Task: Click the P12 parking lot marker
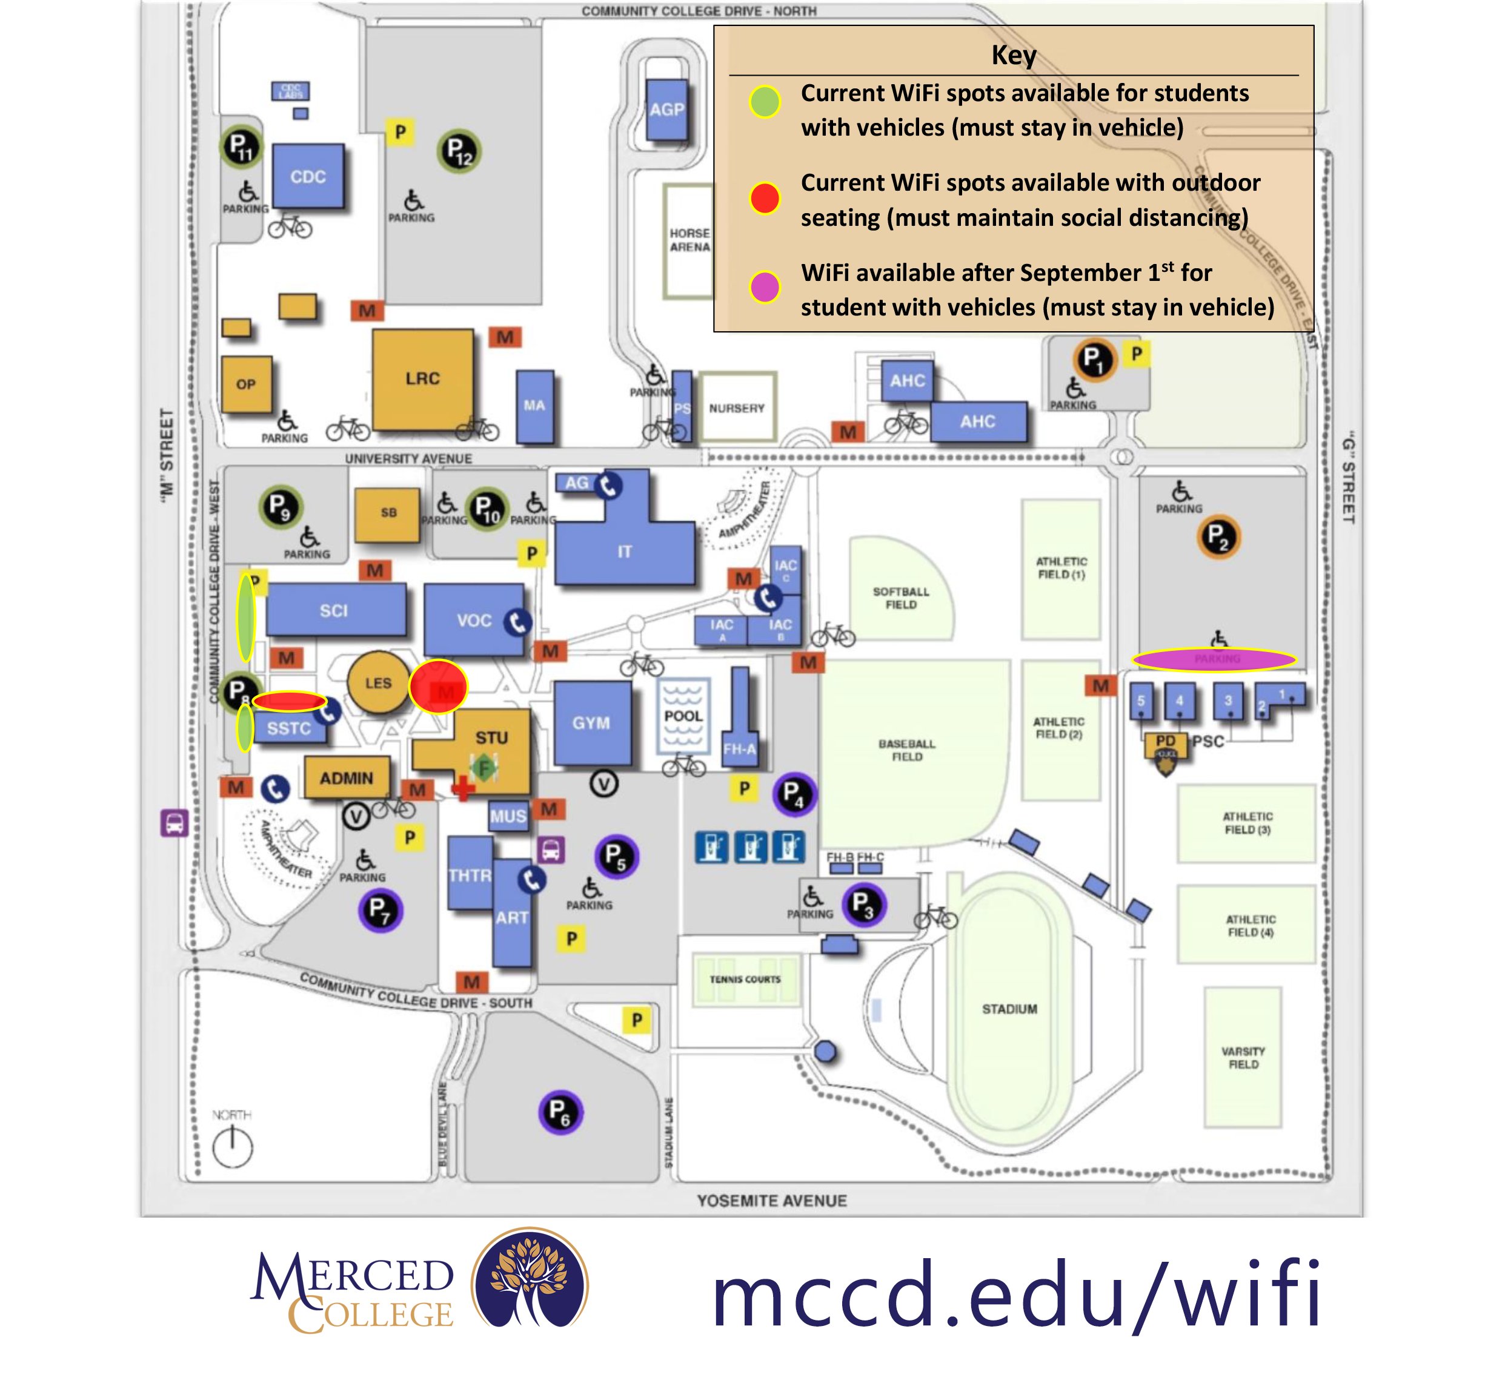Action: click(459, 151)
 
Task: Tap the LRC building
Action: click(422, 379)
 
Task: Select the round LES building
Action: click(377, 682)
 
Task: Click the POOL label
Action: click(683, 716)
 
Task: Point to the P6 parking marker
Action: click(560, 1112)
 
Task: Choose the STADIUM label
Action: click(1009, 1009)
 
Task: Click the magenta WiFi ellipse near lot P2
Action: click(1214, 659)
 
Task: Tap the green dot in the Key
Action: click(765, 102)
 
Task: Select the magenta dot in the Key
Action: click(765, 286)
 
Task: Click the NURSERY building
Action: click(736, 407)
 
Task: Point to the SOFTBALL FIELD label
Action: click(901, 598)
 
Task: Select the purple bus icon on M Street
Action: click(174, 823)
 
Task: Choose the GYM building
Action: click(591, 722)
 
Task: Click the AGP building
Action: click(666, 110)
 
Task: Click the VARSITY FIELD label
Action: click(1242, 1057)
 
